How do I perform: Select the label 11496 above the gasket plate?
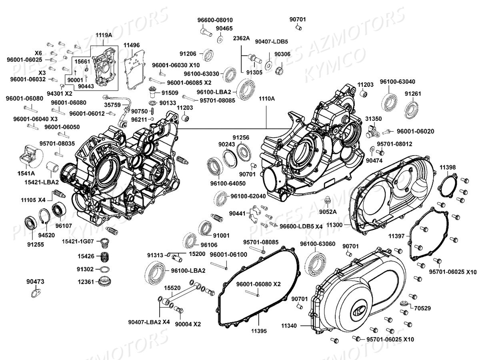point(132,45)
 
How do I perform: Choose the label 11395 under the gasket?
point(259,331)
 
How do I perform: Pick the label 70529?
point(423,308)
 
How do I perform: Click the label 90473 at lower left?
point(35,282)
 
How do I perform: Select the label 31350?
point(372,118)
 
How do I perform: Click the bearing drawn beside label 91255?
point(30,222)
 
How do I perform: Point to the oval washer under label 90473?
point(36,294)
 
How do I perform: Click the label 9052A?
point(328,211)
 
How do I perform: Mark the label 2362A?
point(242,38)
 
